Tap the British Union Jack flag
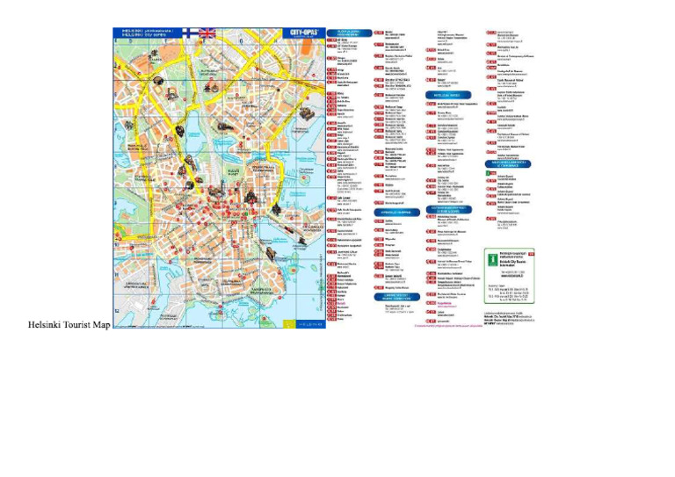coord(207,33)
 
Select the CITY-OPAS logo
coord(305,33)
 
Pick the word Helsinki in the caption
coord(44,325)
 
